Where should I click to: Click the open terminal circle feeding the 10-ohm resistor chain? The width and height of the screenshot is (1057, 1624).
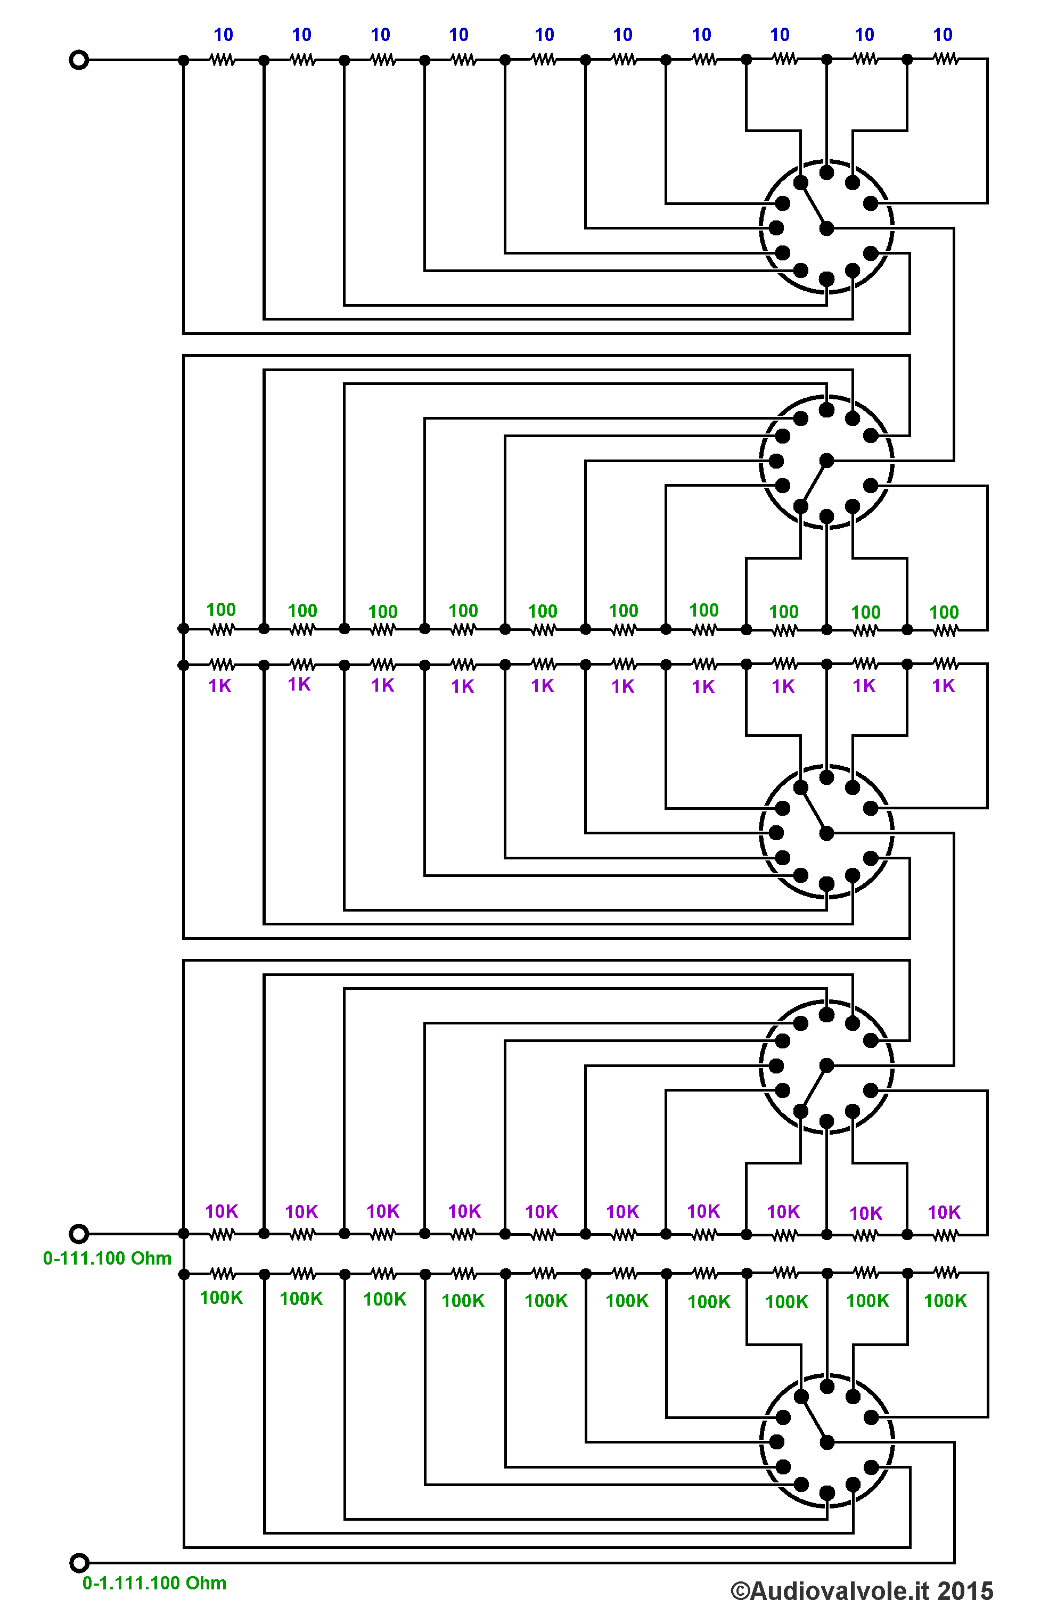point(79,60)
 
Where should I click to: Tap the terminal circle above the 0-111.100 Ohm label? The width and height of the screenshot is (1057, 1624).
point(79,1234)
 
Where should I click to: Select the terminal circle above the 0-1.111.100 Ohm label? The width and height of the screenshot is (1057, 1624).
point(79,1563)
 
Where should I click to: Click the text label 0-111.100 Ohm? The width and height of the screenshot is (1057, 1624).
point(107,1258)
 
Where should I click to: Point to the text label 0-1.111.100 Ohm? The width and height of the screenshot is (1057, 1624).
point(154,1583)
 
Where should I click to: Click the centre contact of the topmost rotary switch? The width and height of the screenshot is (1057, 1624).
point(826,228)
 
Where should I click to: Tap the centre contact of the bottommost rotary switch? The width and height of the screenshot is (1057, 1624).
point(827,1442)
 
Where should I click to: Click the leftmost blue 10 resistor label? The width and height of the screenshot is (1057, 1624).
point(223,35)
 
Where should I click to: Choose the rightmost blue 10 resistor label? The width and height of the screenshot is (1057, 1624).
point(943,35)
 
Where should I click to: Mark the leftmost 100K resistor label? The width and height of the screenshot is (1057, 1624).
point(221,1298)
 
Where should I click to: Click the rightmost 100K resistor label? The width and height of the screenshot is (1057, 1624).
point(945,1301)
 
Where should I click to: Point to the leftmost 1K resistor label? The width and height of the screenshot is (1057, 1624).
point(220,686)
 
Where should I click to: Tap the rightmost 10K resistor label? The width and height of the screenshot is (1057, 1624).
point(944,1212)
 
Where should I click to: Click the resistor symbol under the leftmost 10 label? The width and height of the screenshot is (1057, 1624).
point(223,60)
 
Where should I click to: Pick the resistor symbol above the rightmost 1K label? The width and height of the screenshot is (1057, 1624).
point(946,663)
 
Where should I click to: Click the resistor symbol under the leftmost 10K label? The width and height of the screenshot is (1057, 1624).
point(222,1234)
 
